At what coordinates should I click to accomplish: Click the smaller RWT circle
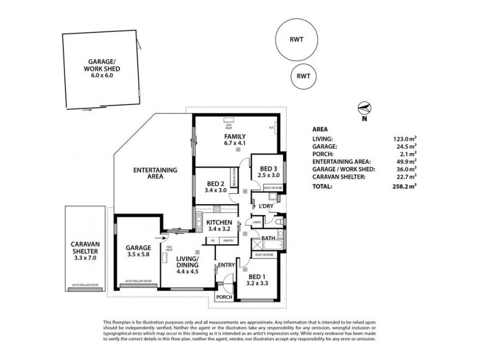point(303,77)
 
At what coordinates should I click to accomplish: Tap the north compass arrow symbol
point(364,109)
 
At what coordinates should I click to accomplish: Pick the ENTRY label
point(226,265)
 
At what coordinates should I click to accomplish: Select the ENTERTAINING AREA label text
point(155,174)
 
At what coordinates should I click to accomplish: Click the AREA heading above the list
point(320,128)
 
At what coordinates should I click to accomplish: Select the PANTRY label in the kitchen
point(228,241)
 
